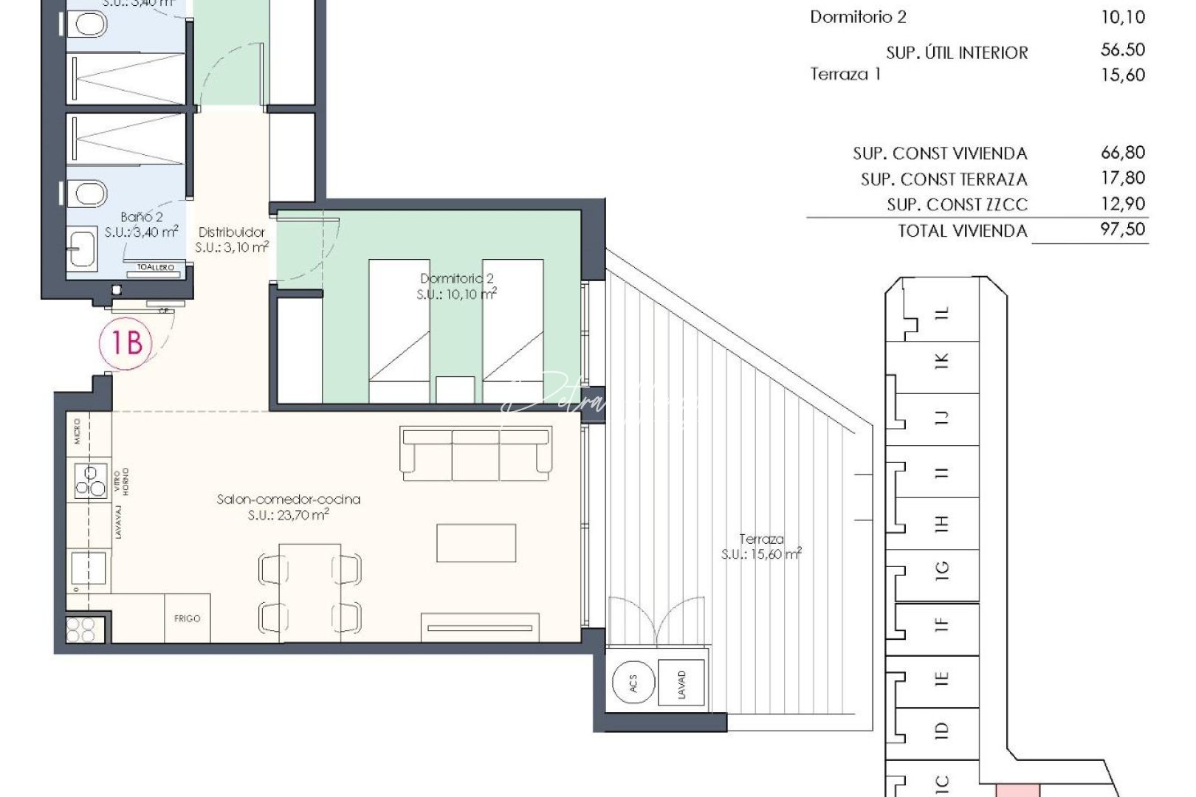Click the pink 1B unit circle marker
pyautogui.click(x=126, y=342)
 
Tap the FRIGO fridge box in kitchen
pyautogui.click(x=187, y=618)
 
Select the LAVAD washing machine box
pyautogui.click(x=681, y=684)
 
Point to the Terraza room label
pyautogui.click(x=761, y=539)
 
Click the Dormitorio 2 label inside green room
pyautogui.click(x=456, y=279)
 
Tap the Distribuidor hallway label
pyautogui.click(x=231, y=232)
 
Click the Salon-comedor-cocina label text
pyautogui.click(x=288, y=500)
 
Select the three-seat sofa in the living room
pyautogui.click(x=475, y=453)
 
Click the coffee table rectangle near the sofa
pyautogui.click(x=475, y=543)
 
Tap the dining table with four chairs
pyautogui.click(x=310, y=592)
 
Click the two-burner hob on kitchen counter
pyautogui.click(x=89, y=480)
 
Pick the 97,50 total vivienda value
pyautogui.click(x=1122, y=229)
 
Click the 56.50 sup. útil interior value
pyautogui.click(x=1122, y=50)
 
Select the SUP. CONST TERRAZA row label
pyautogui.click(x=944, y=179)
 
